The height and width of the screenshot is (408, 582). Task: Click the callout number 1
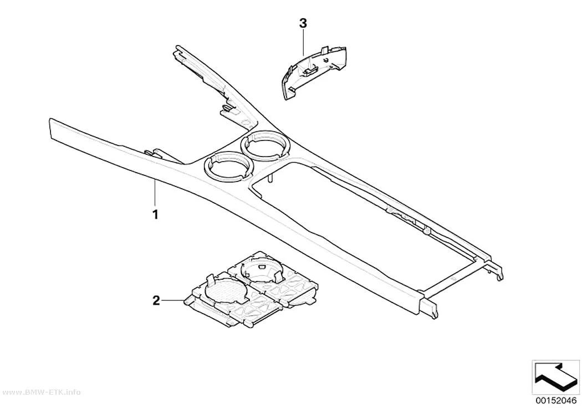[156, 214]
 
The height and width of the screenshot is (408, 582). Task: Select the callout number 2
[156, 300]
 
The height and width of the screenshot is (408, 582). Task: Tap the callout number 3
[303, 23]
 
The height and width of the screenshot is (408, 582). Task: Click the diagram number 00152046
[555, 401]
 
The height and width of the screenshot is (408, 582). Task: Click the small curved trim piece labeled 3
[314, 73]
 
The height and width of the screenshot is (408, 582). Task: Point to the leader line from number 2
[173, 300]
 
